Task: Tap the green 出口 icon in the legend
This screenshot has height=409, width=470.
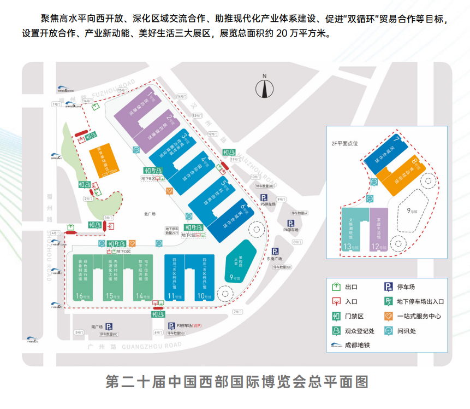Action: click(x=336, y=286)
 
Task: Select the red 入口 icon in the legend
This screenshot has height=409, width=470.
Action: click(x=336, y=301)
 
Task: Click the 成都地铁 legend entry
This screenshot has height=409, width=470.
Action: click(x=349, y=345)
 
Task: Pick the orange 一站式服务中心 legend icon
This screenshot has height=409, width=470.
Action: click(x=388, y=315)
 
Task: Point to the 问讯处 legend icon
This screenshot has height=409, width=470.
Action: click(x=388, y=330)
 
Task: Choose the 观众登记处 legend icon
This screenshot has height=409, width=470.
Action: click(x=336, y=330)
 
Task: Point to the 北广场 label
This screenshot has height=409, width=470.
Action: click(x=150, y=214)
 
